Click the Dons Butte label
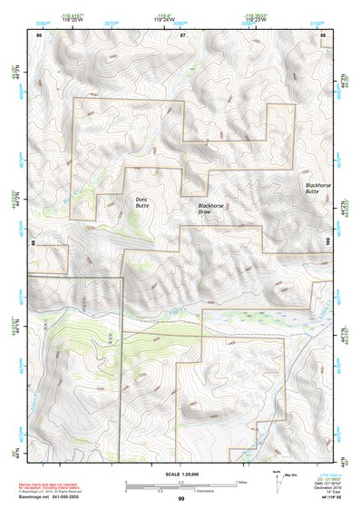click(141, 203)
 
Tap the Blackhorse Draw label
click(210, 209)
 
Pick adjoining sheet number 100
click(326, 242)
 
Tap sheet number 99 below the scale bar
click(181, 500)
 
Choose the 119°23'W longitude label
click(255, 19)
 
